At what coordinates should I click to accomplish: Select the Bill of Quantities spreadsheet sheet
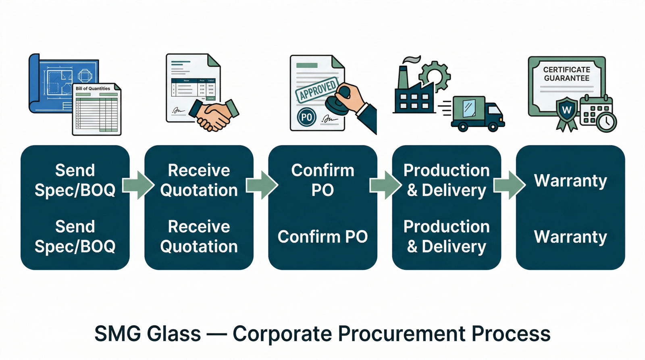[97, 111]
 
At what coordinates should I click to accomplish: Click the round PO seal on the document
[306, 117]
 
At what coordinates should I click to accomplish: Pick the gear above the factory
[434, 75]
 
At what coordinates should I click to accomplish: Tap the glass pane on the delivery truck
[469, 108]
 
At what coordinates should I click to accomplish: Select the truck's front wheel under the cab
[493, 127]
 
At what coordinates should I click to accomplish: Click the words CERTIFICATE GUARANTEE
[566, 74]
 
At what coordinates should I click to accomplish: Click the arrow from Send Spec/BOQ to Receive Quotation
[138, 185]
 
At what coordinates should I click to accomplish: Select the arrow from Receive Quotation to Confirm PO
[262, 185]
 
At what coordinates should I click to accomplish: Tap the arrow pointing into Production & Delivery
[385, 185]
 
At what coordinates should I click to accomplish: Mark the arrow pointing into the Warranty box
[509, 185]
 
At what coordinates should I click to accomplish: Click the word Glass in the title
[174, 334]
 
